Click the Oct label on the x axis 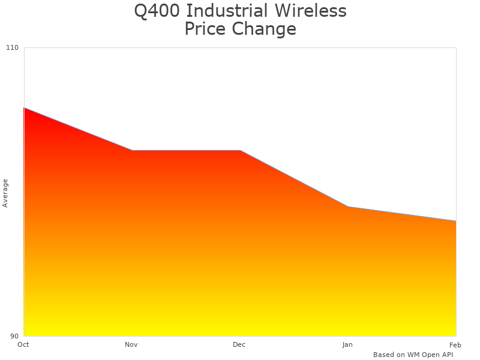pyautogui.click(x=23, y=344)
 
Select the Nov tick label pyautogui.click(x=131, y=344)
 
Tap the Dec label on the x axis pyautogui.click(x=239, y=344)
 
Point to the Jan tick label pyautogui.click(x=347, y=344)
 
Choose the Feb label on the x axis pyautogui.click(x=455, y=344)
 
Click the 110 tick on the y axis pyautogui.click(x=13, y=47)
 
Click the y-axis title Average pyautogui.click(x=5, y=193)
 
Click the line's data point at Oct pyautogui.click(x=24, y=108)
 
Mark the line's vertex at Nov pyautogui.click(x=132, y=151)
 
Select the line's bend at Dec pyautogui.click(x=240, y=151)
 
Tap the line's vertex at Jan pyautogui.click(x=348, y=206)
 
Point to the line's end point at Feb pyautogui.click(x=456, y=221)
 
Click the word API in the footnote pyautogui.click(x=445, y=355)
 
